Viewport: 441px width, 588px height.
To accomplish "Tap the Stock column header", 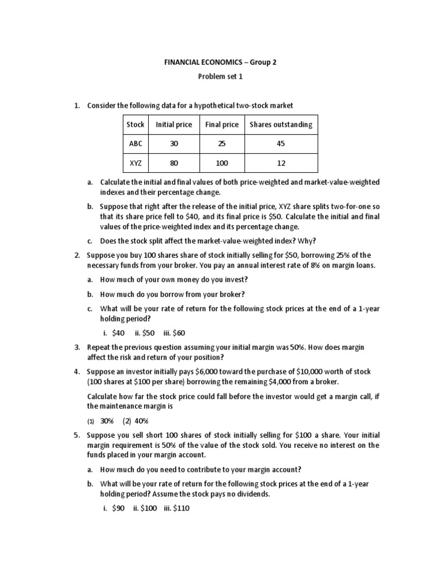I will [136, 125].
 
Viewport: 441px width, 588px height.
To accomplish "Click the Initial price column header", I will [174, 125].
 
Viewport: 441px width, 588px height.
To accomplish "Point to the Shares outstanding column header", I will [281, 125].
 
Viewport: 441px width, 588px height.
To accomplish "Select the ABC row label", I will [136, 144].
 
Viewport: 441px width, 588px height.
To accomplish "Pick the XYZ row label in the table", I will [136, 163].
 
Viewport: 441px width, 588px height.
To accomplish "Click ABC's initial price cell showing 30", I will [174, 144].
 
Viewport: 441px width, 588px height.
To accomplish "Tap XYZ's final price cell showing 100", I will [222, 163].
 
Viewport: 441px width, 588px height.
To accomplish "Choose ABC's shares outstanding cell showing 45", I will [281, 144].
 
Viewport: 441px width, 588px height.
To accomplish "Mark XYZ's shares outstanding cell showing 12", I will [281, 163].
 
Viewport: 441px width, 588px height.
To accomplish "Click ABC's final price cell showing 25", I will [222, 144].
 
